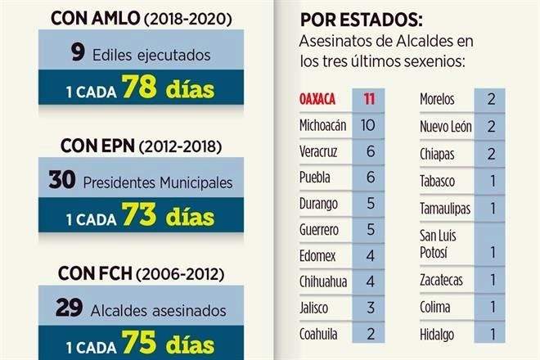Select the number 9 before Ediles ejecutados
tap(77, 54)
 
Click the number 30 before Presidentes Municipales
tap(62, 181)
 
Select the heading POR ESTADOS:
tap(349, 19)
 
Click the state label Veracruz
tap(318, 151)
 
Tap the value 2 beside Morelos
tap(490, 100)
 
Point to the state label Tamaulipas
tap(445, 208)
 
